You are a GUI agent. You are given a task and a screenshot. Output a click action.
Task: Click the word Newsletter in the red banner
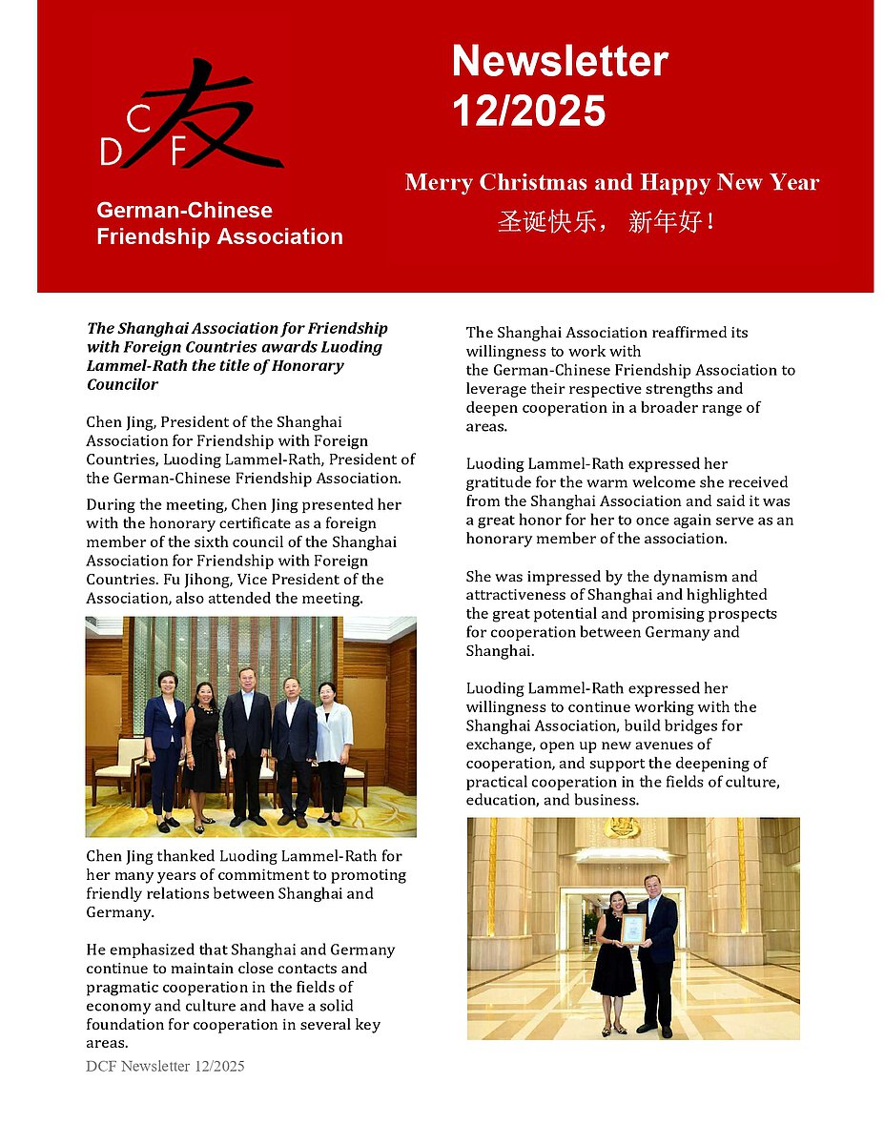(x=560, y=62)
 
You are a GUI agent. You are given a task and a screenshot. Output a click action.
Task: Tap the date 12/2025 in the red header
(x=528, y=111)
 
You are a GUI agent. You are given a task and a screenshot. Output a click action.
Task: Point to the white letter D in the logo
(x=110, y=152)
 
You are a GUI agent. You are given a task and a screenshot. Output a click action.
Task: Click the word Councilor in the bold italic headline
(x=122, y=385)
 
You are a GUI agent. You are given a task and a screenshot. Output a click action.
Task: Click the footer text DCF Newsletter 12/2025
(x=165, y=1066)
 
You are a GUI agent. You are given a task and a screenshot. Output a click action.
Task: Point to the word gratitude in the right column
(x=500, y=482)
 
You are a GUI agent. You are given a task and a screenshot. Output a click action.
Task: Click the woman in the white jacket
(x=334, y=744)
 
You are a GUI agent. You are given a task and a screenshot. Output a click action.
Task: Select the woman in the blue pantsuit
(x=165, y=744)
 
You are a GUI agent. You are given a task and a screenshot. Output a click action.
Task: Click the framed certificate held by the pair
(x=632, y=928)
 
